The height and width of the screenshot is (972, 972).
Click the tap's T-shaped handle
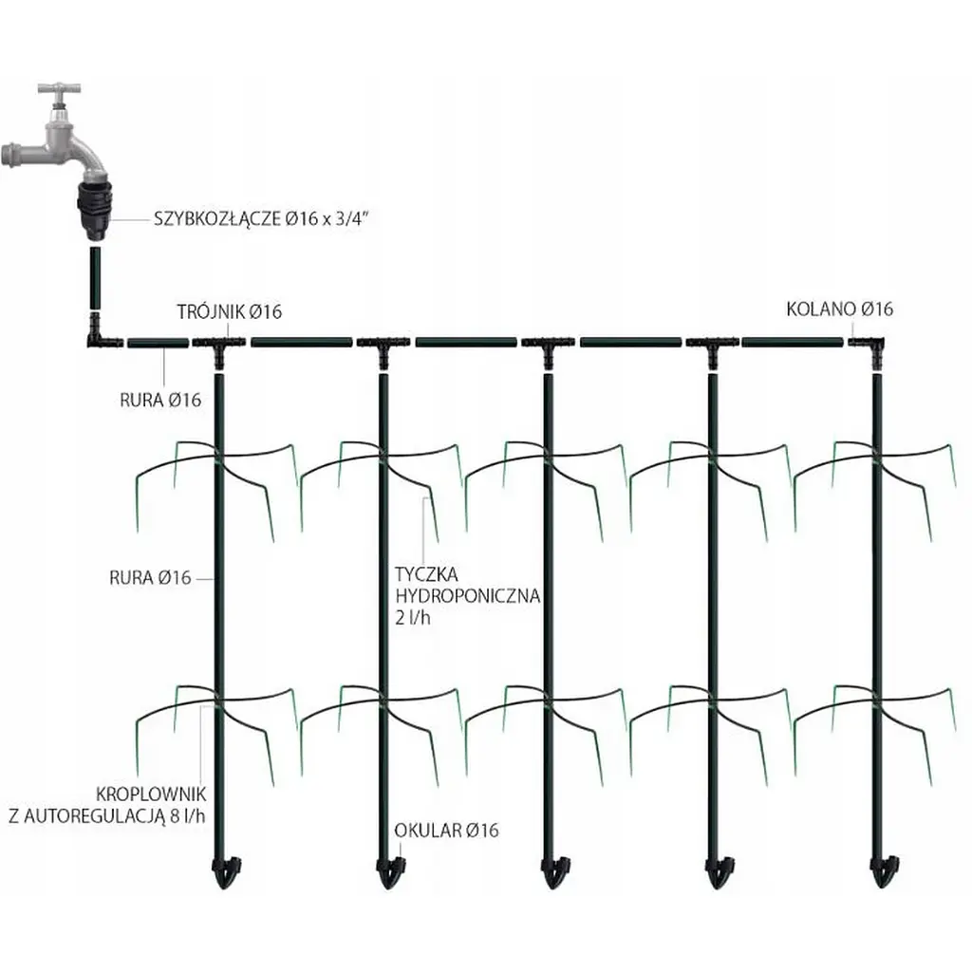(59, 88)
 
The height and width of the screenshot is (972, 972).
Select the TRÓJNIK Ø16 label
(230, 311)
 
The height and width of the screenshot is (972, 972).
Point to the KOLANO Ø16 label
(839, 308)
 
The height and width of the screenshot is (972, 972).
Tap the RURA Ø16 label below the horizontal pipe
(160, 400)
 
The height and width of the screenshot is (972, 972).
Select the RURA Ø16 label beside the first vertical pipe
(150, 578)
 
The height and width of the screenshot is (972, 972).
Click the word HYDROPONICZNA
(468, 596)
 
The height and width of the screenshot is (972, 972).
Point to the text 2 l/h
(413, 617)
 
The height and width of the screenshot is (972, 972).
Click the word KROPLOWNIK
(151, 794)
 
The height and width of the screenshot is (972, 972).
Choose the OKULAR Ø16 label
(446, 830)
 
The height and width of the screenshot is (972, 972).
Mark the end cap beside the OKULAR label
(390, 871)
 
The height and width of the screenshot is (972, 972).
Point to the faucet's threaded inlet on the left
(11, 154)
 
